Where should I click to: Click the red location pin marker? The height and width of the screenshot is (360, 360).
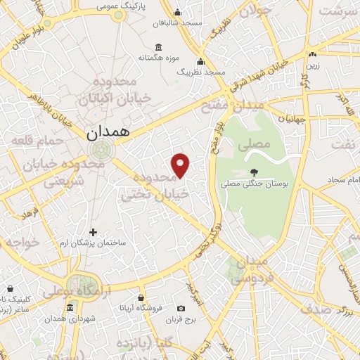tap(181, 165)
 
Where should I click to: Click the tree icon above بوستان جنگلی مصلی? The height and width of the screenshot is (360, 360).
tap(252, 172)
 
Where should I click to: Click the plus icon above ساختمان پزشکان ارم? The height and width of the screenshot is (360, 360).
tap(93, 232)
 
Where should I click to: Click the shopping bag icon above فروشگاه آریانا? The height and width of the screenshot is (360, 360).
tap(141, 298)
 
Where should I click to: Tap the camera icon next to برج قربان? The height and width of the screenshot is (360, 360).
tap(181, 309)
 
